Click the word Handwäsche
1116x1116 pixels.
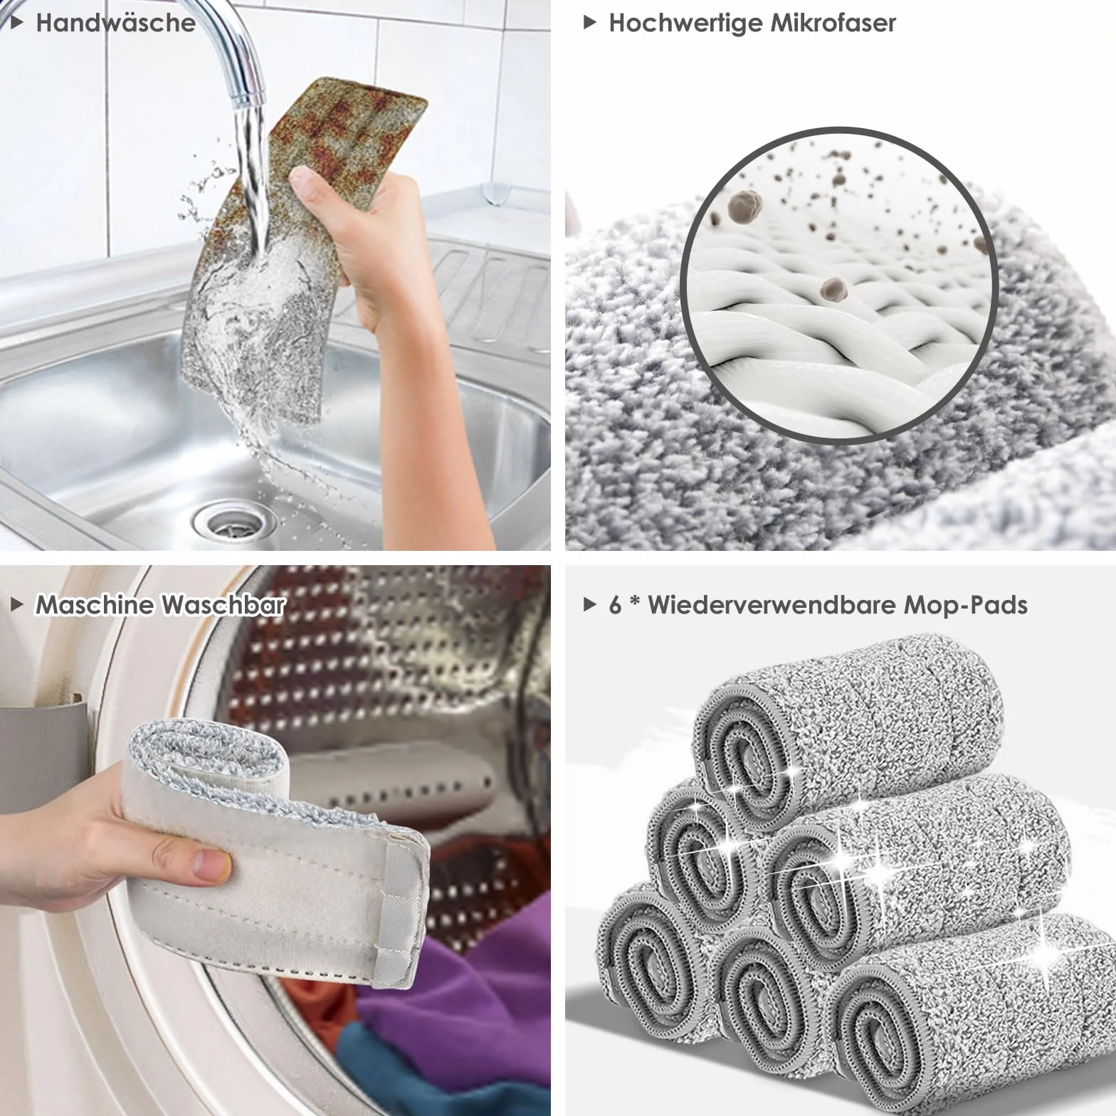(x=115, y=23)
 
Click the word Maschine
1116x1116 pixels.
(x=95, y=605)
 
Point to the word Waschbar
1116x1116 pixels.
(x=223, y=605)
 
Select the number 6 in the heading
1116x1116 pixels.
(x=616, y=606)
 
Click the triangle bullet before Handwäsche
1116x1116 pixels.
(x=19, y=23)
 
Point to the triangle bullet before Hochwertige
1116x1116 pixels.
(x=589, y=23)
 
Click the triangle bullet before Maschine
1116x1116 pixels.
(x=19, y=606)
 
